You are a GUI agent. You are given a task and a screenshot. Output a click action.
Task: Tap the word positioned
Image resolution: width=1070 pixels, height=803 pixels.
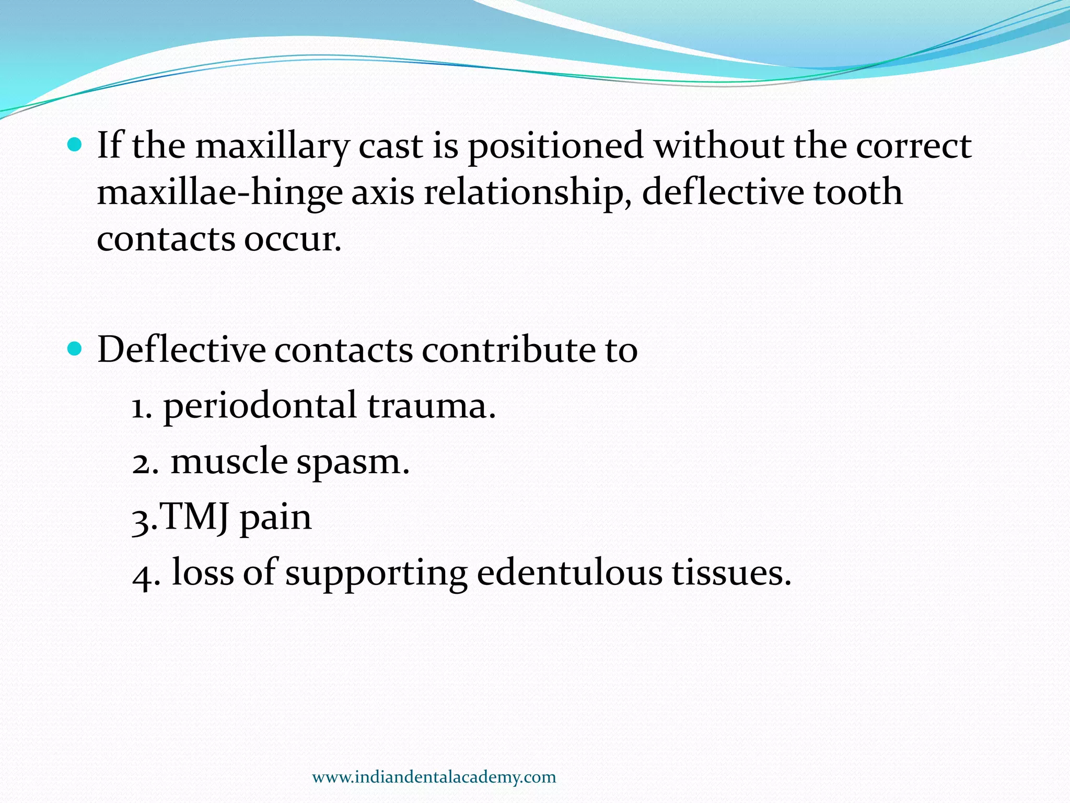pyautogui.click(x=555, y=146)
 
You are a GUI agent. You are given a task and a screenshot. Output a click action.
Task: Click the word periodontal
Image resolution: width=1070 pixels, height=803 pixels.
pyautogui.click(x=260, y=407)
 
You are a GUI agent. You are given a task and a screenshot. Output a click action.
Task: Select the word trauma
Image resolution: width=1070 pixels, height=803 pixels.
pyautogui.click(x=431, y=407)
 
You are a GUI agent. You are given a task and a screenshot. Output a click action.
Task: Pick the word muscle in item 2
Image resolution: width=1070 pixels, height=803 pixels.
pyautogui.click(x=229, y=463)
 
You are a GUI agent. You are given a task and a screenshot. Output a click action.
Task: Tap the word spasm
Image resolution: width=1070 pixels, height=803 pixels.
pyautogui.click(x=353, y=463)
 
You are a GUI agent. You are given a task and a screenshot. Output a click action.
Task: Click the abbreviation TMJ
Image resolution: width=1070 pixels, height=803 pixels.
pyautogui.click(x=193, y=518)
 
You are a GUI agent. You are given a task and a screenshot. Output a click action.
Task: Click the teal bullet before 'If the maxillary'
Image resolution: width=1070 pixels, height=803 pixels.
pyautogui.click(x=75, y=145)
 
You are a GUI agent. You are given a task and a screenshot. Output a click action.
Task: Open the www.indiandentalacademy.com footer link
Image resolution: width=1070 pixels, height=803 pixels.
pyautogui.click(x=434, y=777)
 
